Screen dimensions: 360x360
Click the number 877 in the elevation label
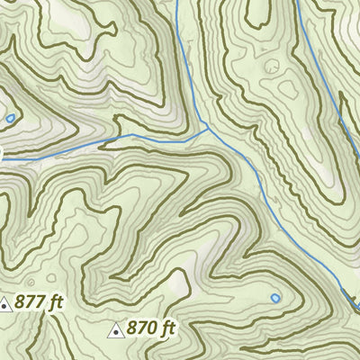31,304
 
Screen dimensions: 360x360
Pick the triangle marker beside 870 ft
115,332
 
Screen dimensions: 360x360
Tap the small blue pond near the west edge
10,118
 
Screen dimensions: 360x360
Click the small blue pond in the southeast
275,297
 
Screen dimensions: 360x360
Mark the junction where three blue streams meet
209,129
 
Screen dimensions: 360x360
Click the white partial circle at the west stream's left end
1,155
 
